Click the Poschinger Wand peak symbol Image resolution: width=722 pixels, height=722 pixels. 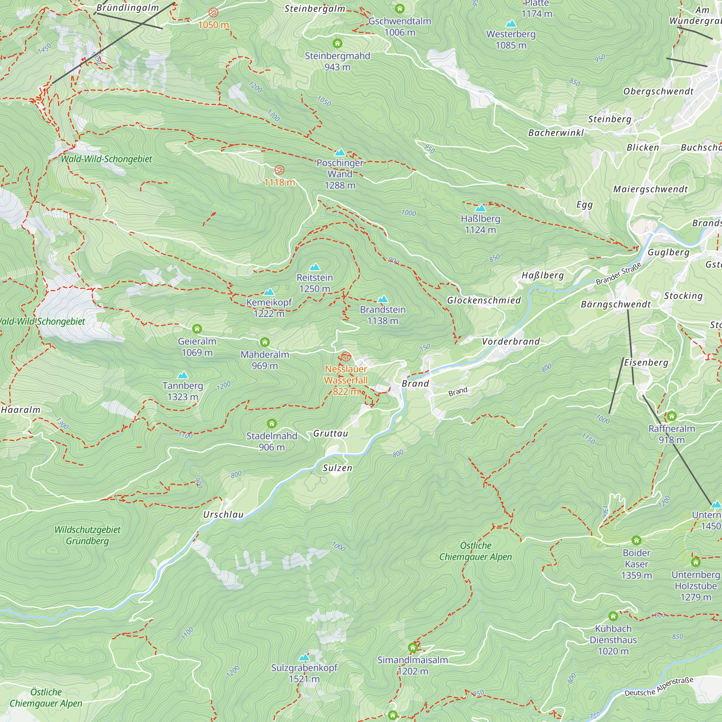340,152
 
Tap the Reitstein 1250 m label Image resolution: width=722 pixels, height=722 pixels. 315,283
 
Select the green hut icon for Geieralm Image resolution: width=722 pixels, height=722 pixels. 197,329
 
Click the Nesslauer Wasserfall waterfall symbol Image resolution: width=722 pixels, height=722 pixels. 346,357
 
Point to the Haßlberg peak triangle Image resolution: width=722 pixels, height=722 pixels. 480,208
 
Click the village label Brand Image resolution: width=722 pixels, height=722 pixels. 415,384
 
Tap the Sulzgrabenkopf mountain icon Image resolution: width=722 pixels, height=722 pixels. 304,657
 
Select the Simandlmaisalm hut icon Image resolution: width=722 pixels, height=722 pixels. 413,647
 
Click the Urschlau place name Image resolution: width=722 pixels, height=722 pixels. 223,514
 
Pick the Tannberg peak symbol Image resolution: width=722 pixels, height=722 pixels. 182,375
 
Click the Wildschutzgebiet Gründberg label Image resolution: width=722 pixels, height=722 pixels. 87,535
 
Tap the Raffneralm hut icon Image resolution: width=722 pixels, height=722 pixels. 671,416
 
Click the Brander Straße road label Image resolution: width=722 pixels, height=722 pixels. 618,274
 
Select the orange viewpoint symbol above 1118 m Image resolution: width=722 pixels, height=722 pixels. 279,170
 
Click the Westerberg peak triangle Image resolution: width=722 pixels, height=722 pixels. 510,24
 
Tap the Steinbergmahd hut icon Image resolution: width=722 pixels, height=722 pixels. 338,43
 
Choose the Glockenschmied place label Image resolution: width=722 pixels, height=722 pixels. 484,300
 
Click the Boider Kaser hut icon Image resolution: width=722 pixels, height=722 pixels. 636,540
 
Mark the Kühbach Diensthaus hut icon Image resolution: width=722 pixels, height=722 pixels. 613,616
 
